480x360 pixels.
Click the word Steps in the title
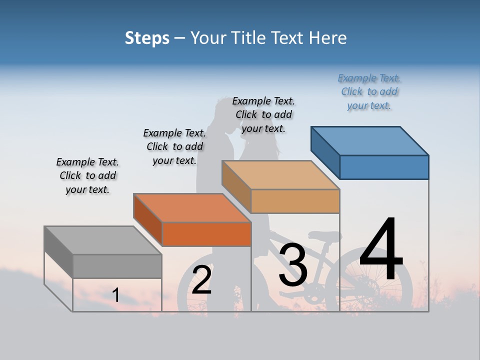coord(147,38)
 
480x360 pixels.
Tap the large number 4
coord(381,250)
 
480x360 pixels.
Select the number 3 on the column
coord(293,265)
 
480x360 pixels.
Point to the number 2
coord(202,280)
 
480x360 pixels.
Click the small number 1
coord(116,295)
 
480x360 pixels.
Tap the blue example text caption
coord(369,91)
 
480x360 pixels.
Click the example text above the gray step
coord(87,175)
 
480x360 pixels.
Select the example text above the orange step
coord(174,146)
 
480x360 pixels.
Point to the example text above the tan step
coord(263,114)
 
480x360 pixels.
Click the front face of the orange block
coord(206,234)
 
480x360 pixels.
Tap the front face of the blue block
coord(384,167)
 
